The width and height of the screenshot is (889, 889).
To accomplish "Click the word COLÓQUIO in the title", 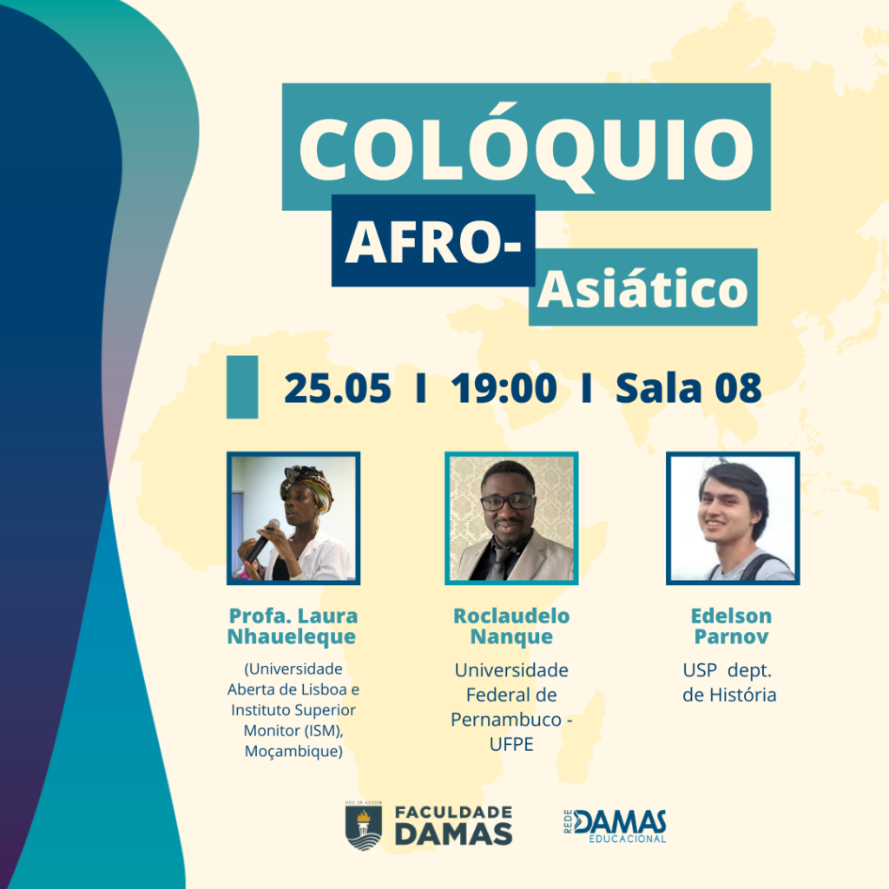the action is pyautogui.click(x=526, y=148).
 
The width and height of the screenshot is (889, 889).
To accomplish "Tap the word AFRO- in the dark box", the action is pyautogui.click(x=433, y=242).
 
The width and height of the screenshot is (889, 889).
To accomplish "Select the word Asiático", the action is pyautogui.click(x=642, y=288).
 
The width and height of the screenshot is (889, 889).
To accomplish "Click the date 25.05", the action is pyautogui.click(x=338, y=388).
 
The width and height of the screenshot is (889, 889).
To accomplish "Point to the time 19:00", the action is pyautogui.click(x=504, y=388).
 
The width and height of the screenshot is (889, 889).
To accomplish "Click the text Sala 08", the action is pyautogui.click(x=688, y=388).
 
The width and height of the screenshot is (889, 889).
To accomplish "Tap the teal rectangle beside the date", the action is pyautogui.click(x=242, y=387).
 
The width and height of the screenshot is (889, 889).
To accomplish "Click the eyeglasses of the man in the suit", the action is pyautogui.click(x=507, y=502).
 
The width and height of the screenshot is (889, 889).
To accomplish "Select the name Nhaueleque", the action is pyautogui.click(x=292, y=636).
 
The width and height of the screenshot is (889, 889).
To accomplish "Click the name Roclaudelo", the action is pyautogui.click(x=511, y=616).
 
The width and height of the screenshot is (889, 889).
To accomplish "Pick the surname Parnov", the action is pyautogui.click(x=731, y=636).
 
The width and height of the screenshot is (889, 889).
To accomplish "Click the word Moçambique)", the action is pyautogui.click(x=293, y=751).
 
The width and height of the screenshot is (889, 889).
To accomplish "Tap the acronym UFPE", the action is pyautogui.click(x=511, y=744).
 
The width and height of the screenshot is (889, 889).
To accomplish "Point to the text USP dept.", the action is pyautogui.click(x=728, y=670).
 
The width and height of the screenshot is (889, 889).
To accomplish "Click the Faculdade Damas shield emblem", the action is pyautogui.click(x=364, y=826).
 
